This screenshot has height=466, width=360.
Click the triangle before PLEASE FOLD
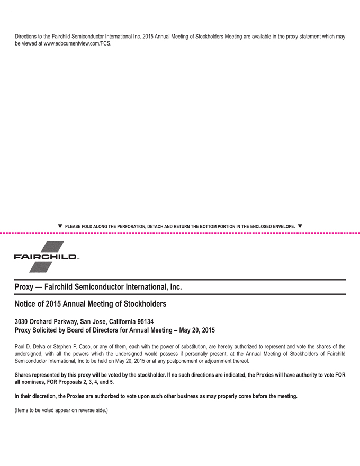[60, 226]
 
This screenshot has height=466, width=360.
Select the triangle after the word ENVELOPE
[300, 226]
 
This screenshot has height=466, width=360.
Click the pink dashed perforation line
[180, 232]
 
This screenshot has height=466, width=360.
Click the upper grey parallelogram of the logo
[51, 247]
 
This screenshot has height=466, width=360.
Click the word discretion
[44, 396]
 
